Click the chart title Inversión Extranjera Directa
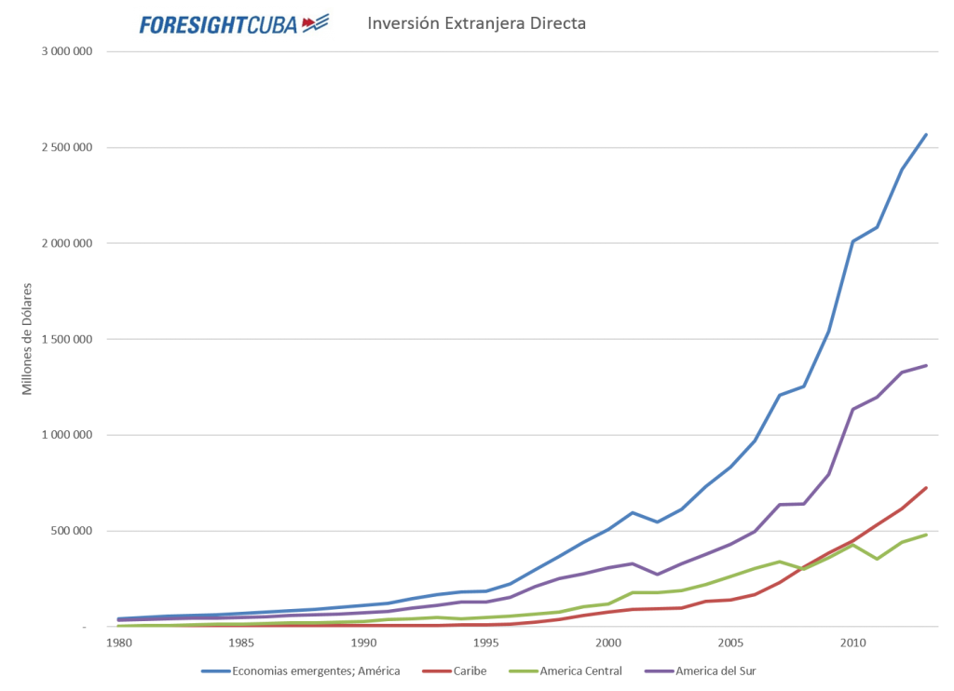pos(476,23)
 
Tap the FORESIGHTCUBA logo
pos(234,24)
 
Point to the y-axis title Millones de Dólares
pos(27,339)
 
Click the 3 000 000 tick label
pos(67,52)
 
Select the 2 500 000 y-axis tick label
pos(67,147)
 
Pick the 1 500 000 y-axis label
pos(67,339)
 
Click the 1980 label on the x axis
pos(118,643)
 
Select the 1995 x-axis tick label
pos(485,643)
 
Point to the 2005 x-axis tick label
pos(730,643)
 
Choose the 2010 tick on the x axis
pos(852,643)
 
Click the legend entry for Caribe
pos(455,671)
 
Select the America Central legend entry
pos(566,671)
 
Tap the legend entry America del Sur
pos(700,671)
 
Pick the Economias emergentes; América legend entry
pos(301,671)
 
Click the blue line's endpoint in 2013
pos(926,134)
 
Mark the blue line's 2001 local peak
pos(633,513)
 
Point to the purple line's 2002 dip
pos(657,575)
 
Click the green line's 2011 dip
pos(877,559)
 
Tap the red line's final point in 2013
pos(926,488)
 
